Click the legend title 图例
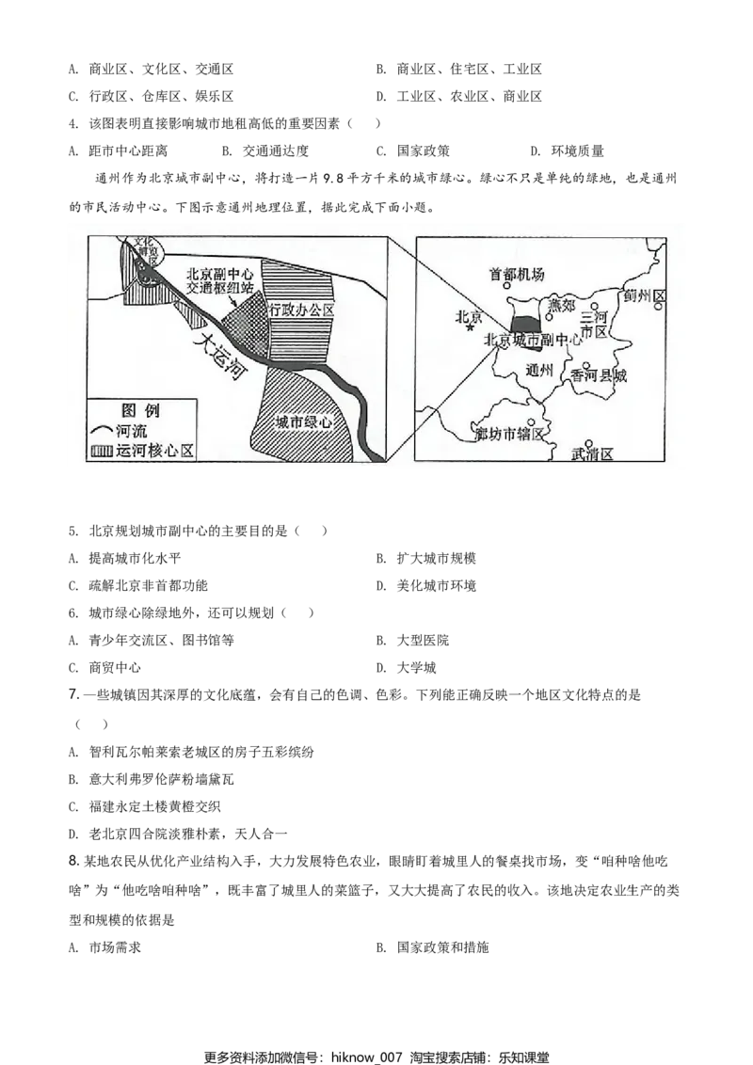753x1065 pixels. [x=140, y=410]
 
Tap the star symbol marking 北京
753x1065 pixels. [x=469, y=327]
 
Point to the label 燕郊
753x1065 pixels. [x=561, y=305]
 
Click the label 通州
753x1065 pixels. [x=542, y=369]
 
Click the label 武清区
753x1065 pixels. [x=592, y=454]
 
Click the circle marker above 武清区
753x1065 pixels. [x=588, y=443]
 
